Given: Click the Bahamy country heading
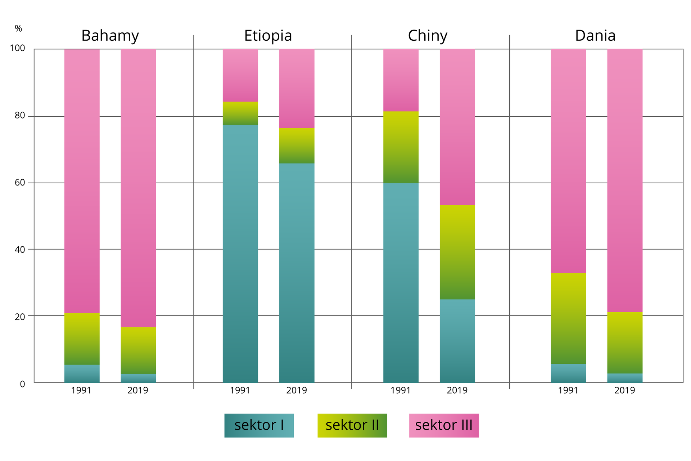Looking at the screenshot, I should click(x=110, y=36).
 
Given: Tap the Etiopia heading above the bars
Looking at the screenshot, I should click(x=268, y=36).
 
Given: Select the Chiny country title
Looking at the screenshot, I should click(x=428, y=36).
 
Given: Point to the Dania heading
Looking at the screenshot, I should click(x=595, y=36).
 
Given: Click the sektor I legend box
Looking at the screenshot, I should click(x=259, y=425).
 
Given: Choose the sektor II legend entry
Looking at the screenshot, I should click(x=352, y=425).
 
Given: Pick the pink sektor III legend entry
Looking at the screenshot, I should click(x=444, y=425).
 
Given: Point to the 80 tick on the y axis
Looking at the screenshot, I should click(x=20, y=116).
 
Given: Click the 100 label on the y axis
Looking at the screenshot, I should click(x=17, y=48).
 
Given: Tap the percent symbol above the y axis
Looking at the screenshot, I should click(x=18, y=29).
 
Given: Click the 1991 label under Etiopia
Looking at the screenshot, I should click(x=240, y=390).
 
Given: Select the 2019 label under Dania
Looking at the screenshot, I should click(x=625, y=390).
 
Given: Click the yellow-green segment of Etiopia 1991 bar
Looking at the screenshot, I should click(x=240, y=113).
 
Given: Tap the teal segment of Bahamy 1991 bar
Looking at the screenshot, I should click(x=82, y=373).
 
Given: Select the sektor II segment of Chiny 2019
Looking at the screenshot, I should click(x=457, y=252).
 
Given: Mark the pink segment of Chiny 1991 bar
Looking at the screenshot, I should click(x=401, y=80).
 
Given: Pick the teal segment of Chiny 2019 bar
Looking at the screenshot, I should click(x=457, y=341).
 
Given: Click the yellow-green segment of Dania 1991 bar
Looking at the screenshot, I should click(x=568, y=318).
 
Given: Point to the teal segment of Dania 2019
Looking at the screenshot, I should click(x=625, y=378).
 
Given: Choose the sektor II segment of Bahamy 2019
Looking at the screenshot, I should click(x=138, y=350).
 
